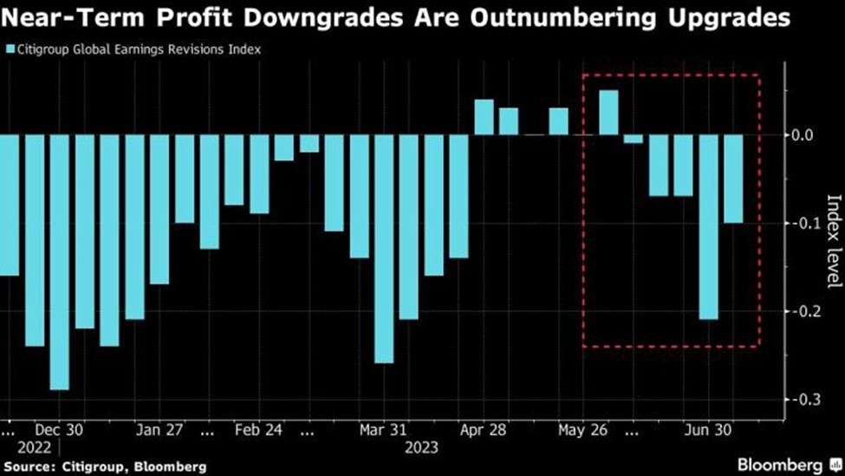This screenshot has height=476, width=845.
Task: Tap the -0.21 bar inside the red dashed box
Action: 709,227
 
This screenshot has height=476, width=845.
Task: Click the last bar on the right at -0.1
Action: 733,179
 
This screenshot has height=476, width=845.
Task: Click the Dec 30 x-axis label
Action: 60,428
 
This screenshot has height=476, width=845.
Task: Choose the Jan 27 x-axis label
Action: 160,428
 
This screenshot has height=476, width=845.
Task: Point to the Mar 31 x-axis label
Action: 384,428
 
